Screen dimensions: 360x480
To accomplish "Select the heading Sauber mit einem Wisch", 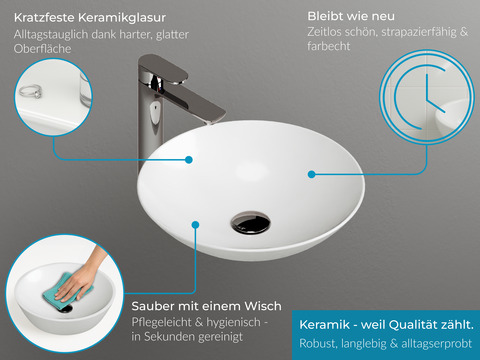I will coord(206,305).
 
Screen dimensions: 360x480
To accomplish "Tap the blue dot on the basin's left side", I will coord(190,158).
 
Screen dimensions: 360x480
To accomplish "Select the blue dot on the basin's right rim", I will coord(312,173).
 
